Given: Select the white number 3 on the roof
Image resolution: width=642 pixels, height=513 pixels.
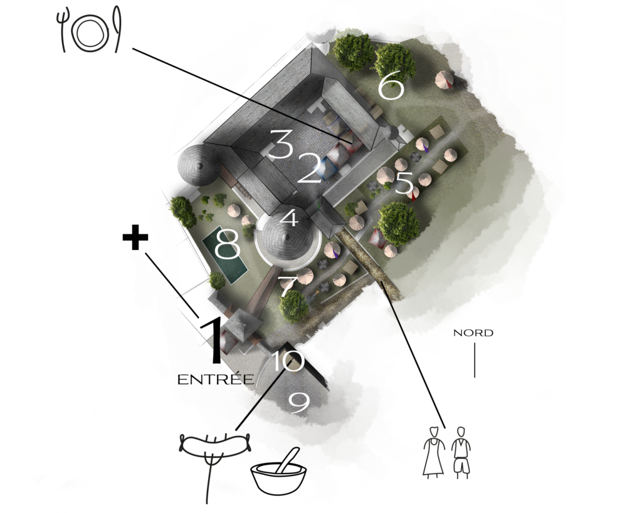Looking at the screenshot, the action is pyautogui.click(x=280, y=143).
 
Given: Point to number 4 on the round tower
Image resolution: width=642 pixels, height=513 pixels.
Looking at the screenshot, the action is pyautogui.click(x=290, y=218).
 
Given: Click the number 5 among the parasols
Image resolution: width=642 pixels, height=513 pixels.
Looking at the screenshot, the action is pyautogui.click(x=404, y=182).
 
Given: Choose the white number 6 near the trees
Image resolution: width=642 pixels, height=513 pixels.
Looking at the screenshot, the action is pyautogui.click(x=391, y=86).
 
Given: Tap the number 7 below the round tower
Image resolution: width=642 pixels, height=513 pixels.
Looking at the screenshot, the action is pyautogui.click(x=288, y=286).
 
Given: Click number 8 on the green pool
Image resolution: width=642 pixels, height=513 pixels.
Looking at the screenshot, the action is pyautogui.click(x=227, y=244).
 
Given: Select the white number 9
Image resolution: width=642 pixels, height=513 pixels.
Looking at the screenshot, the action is pyautogui.click(x=299, y=403).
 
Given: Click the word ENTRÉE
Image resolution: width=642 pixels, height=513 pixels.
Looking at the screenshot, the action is pyautogui.click(x=216, y=379).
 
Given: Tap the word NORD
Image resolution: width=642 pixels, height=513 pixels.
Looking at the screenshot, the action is pyautogui.click(x=473, y=333).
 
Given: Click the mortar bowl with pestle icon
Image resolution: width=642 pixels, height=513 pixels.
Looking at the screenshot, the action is pyautogui.click(x=278, y=474).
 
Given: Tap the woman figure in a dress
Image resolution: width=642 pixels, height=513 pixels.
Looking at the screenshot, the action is pyautogui.click(x=434, y=452).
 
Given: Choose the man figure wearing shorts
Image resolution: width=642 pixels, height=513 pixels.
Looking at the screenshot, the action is pyautogui.click(x=461, y=453).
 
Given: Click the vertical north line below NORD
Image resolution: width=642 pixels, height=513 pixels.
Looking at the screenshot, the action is pyautogui.click(x=475, y=360).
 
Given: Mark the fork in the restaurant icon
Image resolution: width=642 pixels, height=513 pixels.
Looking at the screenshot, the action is pyautogui.click(x=63, y=29).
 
